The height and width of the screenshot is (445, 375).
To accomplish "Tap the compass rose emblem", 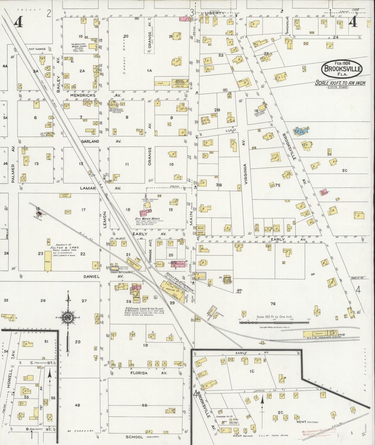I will pyautogui.click(x=68, y=318).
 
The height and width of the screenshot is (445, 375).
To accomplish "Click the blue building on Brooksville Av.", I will pyautogui.click(x=301, y=131).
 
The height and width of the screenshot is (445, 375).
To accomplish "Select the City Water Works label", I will pyautogui.click(x=147, y=219).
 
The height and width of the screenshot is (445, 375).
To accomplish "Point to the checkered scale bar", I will pyautogui.click(x=274, y=322).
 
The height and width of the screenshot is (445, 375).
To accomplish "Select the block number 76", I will pyautogui.click(x=273, y=304).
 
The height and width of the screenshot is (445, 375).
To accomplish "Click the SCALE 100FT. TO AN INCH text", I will pyautogui.click(x=340, y=83).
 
